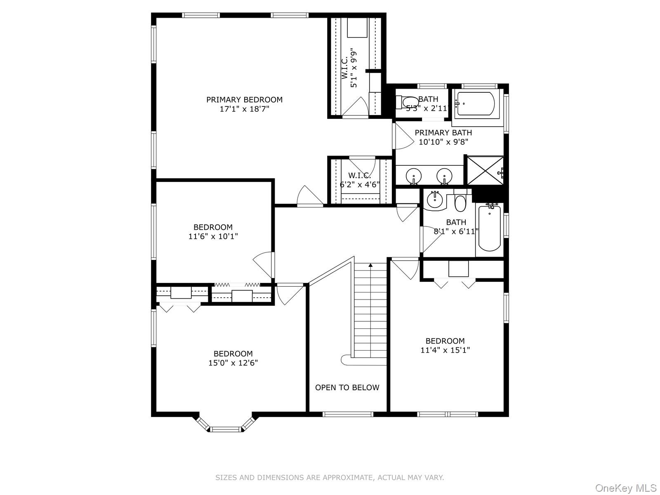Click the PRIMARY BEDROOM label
tap(244, 99)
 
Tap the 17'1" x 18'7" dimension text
tap(244, 109)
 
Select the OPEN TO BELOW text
tap(347, 387)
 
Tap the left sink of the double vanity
tap(413, 177)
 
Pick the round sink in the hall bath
tap(434, 200)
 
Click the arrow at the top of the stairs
tap(370, 265)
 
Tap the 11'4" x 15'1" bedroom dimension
tap(445, 350)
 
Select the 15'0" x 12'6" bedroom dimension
tap(233, 363)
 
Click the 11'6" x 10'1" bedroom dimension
tap(213, 236)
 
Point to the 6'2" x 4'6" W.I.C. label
tap(359, 180)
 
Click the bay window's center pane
tap(225, 429)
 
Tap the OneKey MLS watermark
tap(625, 488)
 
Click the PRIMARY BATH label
tap(443, 132)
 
